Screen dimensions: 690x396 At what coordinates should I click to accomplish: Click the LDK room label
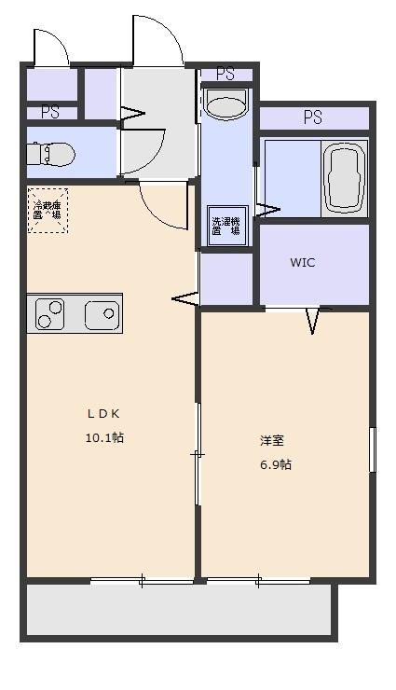point(104,414)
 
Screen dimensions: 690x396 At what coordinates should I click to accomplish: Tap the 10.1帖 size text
point(104,437)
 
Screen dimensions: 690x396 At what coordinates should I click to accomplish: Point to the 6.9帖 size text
point(275,463)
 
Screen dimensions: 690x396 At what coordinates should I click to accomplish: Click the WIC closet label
point(302,263)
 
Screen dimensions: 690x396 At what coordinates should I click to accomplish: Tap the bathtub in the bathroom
point(345,178)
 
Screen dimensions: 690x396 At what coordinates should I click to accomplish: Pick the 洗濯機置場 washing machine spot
point(225,226)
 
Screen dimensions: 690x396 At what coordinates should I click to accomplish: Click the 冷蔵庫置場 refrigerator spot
point(47,209)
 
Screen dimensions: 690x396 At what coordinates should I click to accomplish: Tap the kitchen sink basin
point(102,315)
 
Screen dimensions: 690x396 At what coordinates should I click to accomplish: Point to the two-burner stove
point(49,314)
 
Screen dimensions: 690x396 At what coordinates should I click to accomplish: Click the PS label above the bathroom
point(312,117)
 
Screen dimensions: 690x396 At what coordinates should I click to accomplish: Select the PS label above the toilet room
point(49,112)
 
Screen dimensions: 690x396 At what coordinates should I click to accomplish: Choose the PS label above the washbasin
point(225,74)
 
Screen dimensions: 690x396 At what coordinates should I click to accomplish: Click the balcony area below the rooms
point(177,611)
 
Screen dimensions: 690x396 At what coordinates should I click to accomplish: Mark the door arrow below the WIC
point(312,321)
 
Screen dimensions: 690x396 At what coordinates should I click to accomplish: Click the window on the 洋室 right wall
point(372,462)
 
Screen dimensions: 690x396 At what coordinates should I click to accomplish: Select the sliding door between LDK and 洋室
point(198,454)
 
